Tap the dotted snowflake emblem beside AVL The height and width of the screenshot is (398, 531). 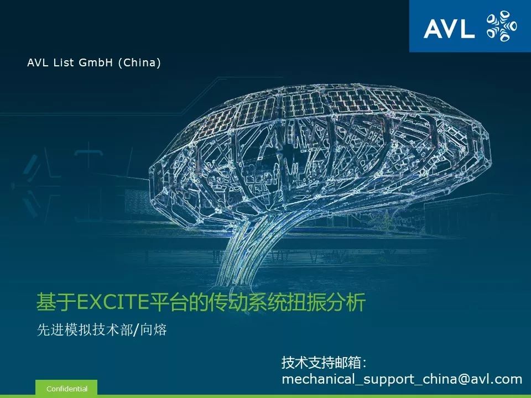(x=502, y=26)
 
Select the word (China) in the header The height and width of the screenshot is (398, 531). (x=139, y=63)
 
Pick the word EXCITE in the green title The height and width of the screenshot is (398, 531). (x=113, y=302)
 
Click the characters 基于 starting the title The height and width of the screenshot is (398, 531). (x=56, y=302)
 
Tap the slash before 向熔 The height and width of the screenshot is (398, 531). (x=137, y=330)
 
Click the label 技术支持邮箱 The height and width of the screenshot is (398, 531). (x=321, y=363)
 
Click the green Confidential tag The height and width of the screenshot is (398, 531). (x=66, y=389)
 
